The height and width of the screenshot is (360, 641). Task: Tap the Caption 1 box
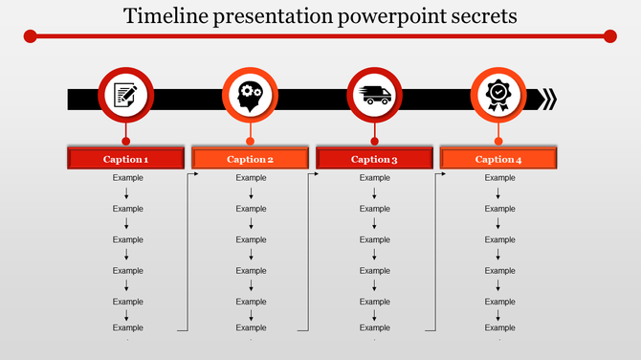pyautogui.click(x=125, y=159)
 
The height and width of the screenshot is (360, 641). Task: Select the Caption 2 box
pyautogui.click(x=250, y=159)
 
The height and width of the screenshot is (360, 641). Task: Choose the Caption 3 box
pyautogui.click(x=374, y=159)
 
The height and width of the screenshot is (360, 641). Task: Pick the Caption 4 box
pyautogui.click(x=498, y=159)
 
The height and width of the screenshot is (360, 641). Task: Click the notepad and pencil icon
pyautogui.click(x=125, y=96)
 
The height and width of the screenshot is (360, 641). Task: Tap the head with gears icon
pyautogui.click(x=250, y=97)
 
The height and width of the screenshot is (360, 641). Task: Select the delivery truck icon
pyautogui.click(x=374, y=96)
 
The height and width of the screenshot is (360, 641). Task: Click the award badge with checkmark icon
pyautogui.click(x=498, y=97)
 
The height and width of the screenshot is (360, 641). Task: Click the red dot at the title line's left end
pyautogui.click(x=31, y=36)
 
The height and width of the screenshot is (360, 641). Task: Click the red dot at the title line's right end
pyautogui.click(x=610, y=36)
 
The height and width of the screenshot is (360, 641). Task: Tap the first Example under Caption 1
pyautogui.click(x=127, y=178)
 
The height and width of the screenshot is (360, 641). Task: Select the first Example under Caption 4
pyautogui.click(x=499, y=178)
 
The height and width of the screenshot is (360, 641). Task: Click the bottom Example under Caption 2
pyautogui.click(x=251, y=328)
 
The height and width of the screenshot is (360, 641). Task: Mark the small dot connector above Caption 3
pyautogui.click(x=374, y=141)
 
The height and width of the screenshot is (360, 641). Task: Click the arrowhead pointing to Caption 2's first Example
pyautogui.click(x=195, y=175)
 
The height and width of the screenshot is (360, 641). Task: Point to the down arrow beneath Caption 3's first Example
pyautogui.click(x=374, y=193)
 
